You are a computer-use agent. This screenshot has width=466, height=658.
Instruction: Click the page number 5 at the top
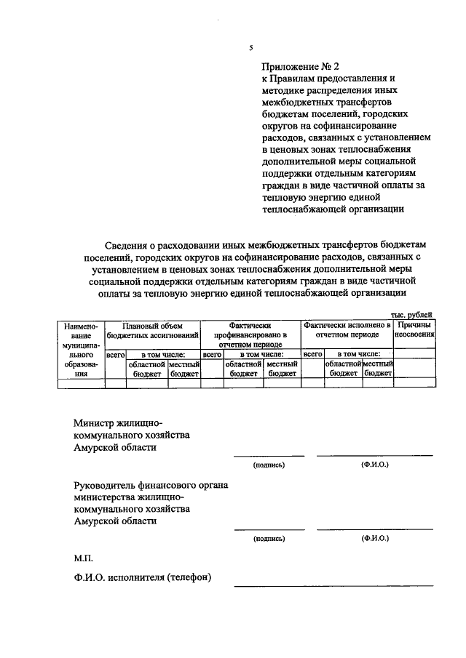pyautogui.click(x=250, y=48)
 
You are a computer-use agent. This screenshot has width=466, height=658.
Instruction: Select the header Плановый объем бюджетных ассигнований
pyautogui.click(x=153, y=331)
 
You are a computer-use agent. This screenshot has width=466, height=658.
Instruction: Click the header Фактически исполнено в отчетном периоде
pyautogui.click(x=347, y=330)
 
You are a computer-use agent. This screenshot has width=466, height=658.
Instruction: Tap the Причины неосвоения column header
pyautogui.click(x=415, y=330)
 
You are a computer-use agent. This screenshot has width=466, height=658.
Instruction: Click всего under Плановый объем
pyautogui.click(x=115, y=354)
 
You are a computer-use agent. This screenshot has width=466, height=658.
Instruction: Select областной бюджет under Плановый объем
pyautogui.click(x=146, y=368)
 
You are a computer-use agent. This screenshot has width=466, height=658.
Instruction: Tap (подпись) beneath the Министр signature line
pyautogui.click(x=269, y=464)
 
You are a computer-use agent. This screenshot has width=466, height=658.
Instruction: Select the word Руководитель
pyautogui.click(x=104, y=485)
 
